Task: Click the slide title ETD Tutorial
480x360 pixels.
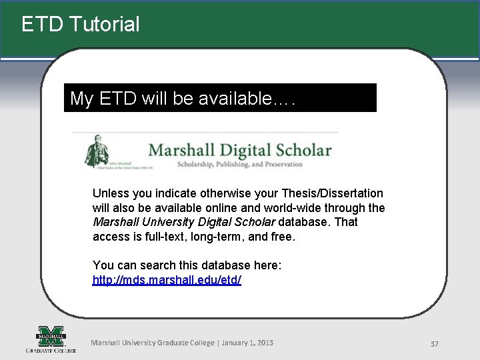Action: coord(81,25)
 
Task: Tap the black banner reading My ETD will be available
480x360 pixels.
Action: coord(220,99)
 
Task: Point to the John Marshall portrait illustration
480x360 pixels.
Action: coord(98,151)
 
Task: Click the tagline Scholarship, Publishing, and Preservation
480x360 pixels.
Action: coord(239,164)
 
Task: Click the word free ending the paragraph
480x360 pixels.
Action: coord(283,236)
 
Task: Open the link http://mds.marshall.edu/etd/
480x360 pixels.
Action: coord(167,280)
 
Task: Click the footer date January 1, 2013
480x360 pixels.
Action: coord(247,343)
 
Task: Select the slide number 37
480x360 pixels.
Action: coord(434,344)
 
